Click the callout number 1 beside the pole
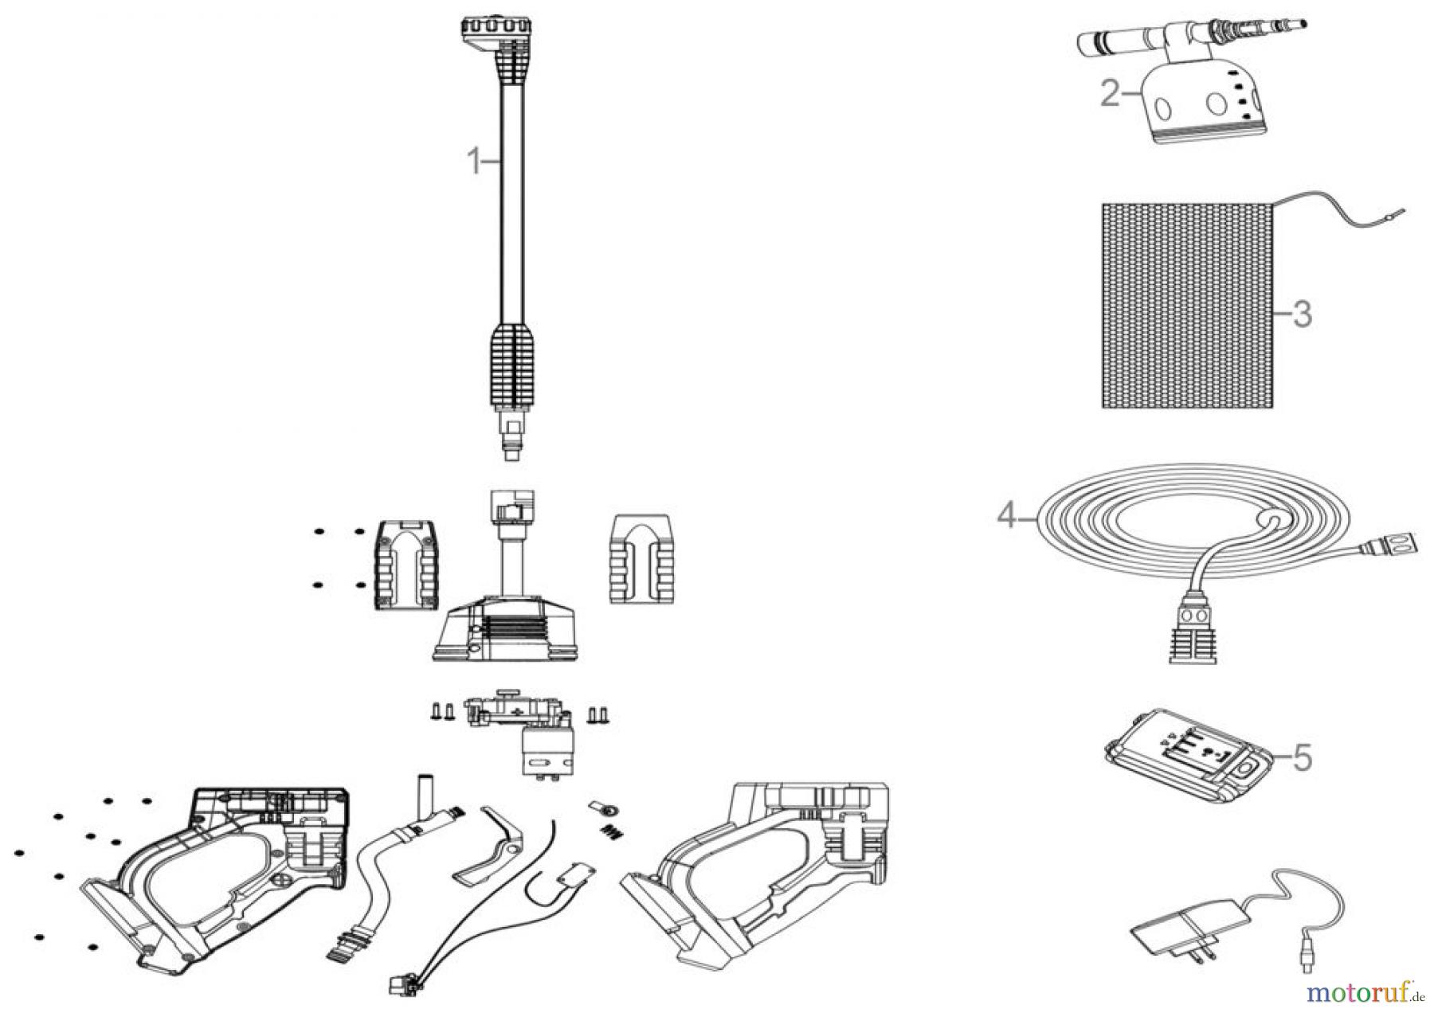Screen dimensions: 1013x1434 [x=474, y=162]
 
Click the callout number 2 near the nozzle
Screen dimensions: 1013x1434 [x=1111, y=94]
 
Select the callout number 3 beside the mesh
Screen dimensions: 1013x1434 [x=1301, y=314]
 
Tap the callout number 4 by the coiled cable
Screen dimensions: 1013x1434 [x=1008, y=517]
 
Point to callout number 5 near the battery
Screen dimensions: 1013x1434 [x=1302, y=757]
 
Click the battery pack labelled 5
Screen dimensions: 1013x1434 [x=1183, y=765]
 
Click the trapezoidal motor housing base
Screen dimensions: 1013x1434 [x=506, y=628]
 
